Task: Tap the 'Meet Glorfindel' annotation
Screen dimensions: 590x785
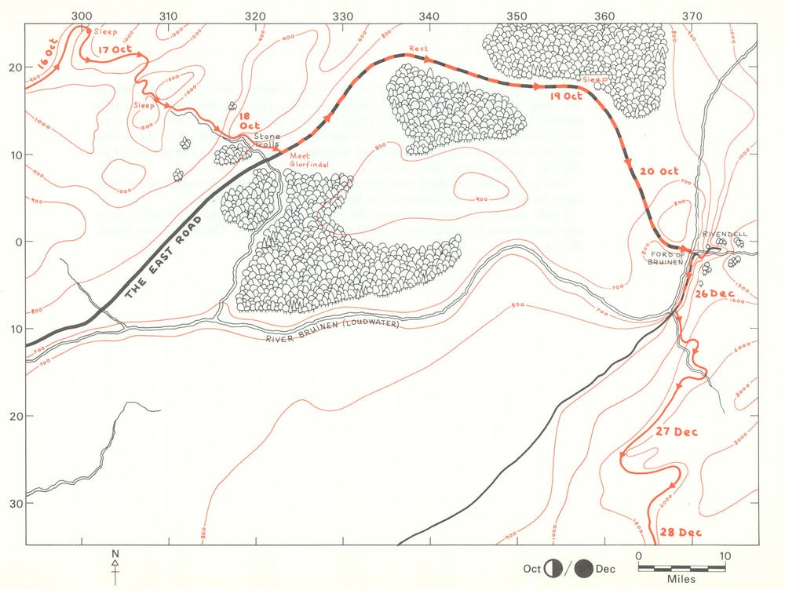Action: pyautogui.click(x=308, y=160)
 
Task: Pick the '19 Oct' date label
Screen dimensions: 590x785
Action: pyautogui.click(x=565, y=97)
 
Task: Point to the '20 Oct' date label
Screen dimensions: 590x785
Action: pyautogui.click(x=659, y=171)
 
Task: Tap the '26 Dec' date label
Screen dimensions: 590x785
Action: pyautogui.click(x=713, y=293)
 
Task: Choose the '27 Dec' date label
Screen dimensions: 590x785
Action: pyautogui.click(x=674, y=432)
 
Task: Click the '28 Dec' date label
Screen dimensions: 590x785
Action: pyautogui.click(x=679, y=533)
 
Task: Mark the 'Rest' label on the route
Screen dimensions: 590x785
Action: pyautogui.click(x=418, y=49)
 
